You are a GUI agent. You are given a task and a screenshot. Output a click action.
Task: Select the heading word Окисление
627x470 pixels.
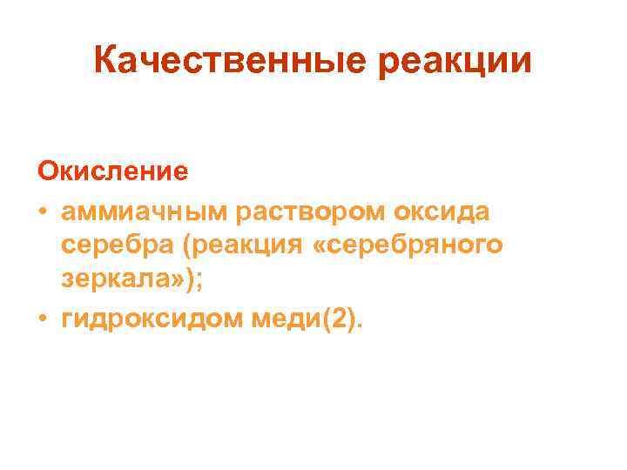(111, 170)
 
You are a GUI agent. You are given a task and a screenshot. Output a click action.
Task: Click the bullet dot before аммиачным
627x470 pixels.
(43, 210)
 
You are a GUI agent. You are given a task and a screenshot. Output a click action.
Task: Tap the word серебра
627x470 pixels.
(118, 246)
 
